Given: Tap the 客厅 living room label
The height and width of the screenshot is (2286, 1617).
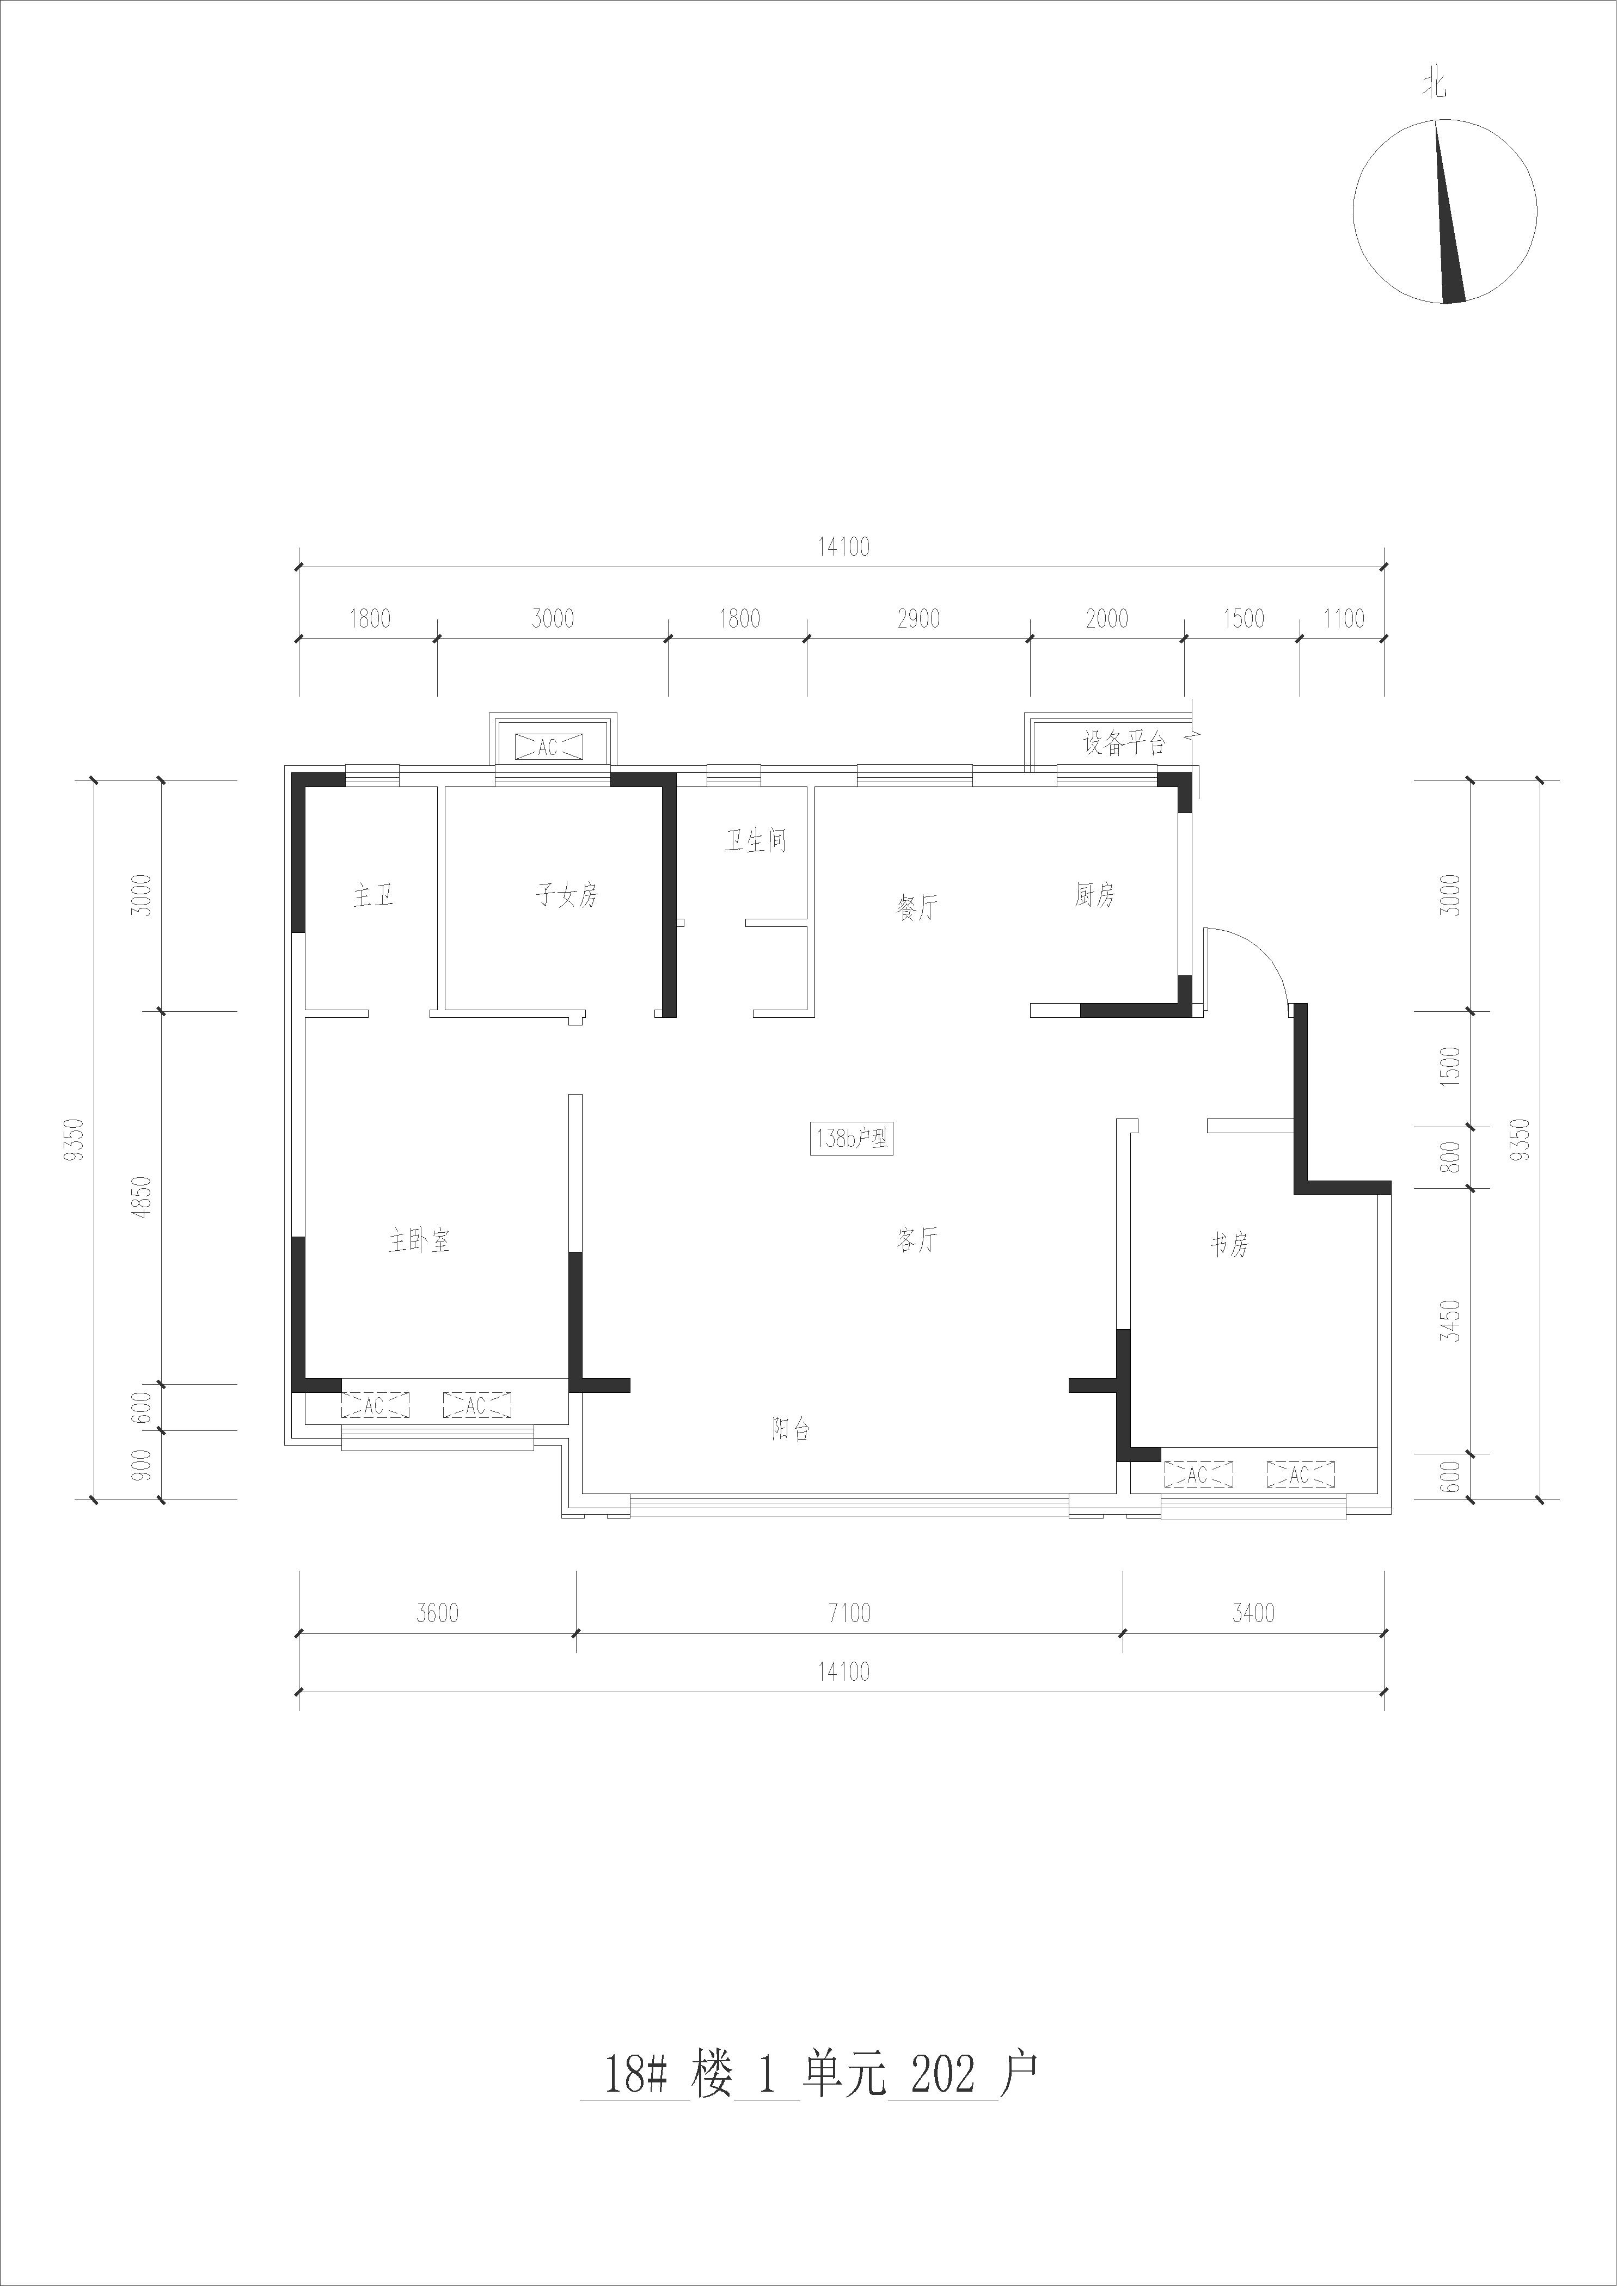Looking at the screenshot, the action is (917, 1239).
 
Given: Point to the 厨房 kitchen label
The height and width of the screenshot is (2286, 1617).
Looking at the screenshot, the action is (1094, 895).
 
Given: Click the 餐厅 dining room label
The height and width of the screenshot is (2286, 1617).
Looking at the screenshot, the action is (917, 907).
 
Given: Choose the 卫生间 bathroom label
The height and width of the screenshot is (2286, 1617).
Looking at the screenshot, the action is (755, 841).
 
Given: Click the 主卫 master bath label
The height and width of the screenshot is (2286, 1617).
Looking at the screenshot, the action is (373, 895).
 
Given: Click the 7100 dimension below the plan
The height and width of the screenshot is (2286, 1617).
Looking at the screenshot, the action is (849, 1612).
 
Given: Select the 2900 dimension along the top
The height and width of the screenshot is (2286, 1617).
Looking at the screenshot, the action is (918, 618).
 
